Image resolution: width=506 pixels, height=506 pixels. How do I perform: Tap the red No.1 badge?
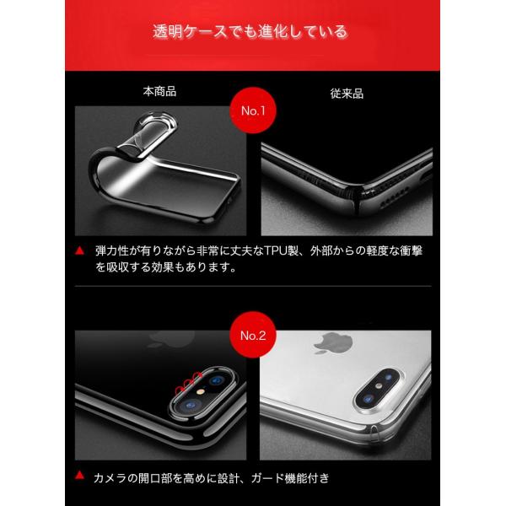(253, 110)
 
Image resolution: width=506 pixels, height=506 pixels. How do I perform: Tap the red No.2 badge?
(252, 335)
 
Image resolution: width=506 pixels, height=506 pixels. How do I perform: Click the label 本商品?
(159, 90)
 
